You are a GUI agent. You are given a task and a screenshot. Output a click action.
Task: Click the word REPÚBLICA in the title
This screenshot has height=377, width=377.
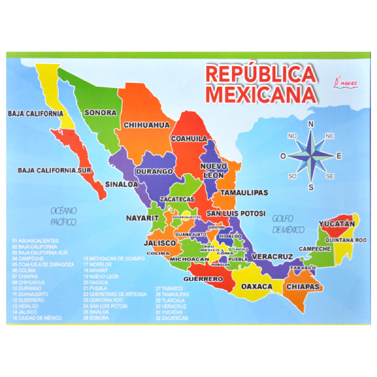click(260, 75)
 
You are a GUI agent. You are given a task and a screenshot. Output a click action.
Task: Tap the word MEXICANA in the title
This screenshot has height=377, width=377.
click(260, 94)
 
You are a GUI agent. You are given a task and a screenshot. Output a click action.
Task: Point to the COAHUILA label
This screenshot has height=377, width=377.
click(189, 138)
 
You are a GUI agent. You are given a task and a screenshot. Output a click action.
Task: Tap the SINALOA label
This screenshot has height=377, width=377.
click(121, 185)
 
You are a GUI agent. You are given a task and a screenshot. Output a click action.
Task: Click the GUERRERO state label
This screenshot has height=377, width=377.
click(204, 278)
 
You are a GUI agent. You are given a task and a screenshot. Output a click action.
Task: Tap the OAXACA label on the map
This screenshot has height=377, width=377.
click(257, 287)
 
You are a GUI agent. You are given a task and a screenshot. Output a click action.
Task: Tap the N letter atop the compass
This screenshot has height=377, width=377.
click(312, 124)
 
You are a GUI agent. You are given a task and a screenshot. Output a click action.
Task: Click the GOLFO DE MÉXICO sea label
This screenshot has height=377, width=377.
click(289, 224)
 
